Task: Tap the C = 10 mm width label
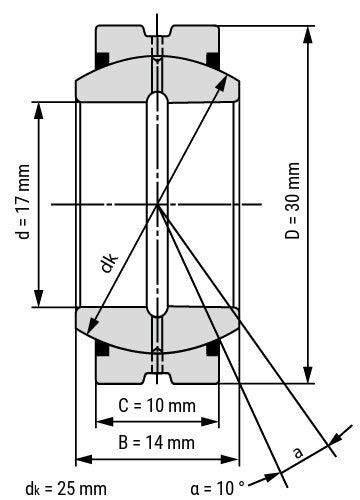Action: coord(157,406)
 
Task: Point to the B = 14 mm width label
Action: coord(157,440)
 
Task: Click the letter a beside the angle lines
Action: coord(297,452)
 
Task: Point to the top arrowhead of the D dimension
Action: coord(307,28)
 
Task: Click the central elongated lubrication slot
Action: coord(157,203)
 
